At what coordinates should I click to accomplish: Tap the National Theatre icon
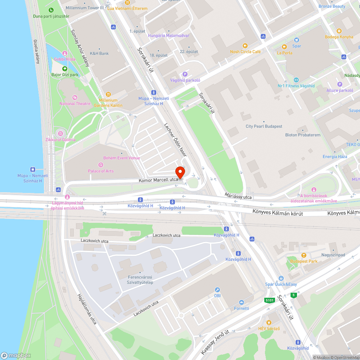tap(75, 98)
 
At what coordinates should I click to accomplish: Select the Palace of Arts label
tap(100, 171)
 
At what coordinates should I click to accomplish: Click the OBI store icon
tap(217, 290)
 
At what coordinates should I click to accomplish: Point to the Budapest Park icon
tap(304, 255)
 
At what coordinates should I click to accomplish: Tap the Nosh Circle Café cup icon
tap(245, 46)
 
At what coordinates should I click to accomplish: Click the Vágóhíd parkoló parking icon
tap(185, 74)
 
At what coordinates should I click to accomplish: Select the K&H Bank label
tap(99, 54)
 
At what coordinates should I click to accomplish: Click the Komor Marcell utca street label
tap(158, 180)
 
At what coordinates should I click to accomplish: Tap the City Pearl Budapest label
tap(264, 126)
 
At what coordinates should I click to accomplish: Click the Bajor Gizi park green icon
tap(64, 68)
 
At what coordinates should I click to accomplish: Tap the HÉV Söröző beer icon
tap(269, 322)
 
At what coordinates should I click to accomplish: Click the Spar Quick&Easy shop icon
tap(281, 278)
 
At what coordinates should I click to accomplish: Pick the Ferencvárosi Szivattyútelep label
tap(140, 280)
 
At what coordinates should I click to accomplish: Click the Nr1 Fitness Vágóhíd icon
tap(296, 80)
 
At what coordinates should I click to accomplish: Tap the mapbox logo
tap(16, 355)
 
